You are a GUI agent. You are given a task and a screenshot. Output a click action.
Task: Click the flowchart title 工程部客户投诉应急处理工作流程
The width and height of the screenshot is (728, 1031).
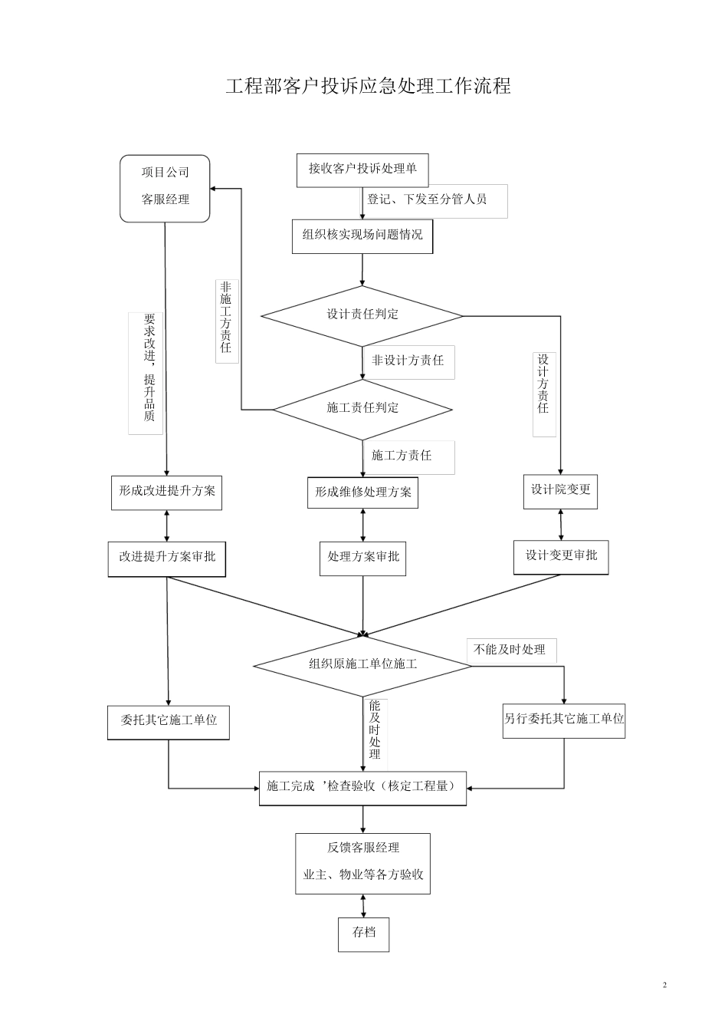368,86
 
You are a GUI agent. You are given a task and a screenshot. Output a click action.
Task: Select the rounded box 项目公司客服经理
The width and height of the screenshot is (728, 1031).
165,188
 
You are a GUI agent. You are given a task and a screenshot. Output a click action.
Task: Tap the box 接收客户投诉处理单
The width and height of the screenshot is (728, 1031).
362,170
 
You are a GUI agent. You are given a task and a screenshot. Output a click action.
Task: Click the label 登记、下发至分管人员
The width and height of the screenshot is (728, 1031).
427,199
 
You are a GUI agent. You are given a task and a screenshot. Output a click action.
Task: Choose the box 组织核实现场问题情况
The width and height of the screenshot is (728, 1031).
362,236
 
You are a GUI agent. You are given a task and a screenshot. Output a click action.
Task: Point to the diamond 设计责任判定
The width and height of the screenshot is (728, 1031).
362,315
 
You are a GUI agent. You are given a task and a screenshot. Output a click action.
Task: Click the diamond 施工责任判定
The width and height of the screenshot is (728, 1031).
362,408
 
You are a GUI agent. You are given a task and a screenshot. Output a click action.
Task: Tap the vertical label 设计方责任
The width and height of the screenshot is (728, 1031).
543,384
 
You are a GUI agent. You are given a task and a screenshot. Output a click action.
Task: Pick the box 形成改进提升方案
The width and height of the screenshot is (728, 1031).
166,491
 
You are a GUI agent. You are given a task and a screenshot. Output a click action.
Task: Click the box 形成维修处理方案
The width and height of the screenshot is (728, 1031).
362,492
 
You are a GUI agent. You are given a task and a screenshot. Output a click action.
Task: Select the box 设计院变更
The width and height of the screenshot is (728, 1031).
561,489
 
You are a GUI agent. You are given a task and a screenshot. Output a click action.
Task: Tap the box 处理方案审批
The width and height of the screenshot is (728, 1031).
362,557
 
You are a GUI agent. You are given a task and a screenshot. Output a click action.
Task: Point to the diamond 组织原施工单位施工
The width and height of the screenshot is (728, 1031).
362,664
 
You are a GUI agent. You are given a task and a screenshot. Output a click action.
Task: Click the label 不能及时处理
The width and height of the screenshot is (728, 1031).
509,650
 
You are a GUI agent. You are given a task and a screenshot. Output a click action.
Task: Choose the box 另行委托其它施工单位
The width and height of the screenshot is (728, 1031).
563,720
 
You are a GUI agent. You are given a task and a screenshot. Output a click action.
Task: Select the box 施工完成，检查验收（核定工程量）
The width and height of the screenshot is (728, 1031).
362,787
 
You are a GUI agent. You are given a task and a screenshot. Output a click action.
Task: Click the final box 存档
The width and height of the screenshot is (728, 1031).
363,934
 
